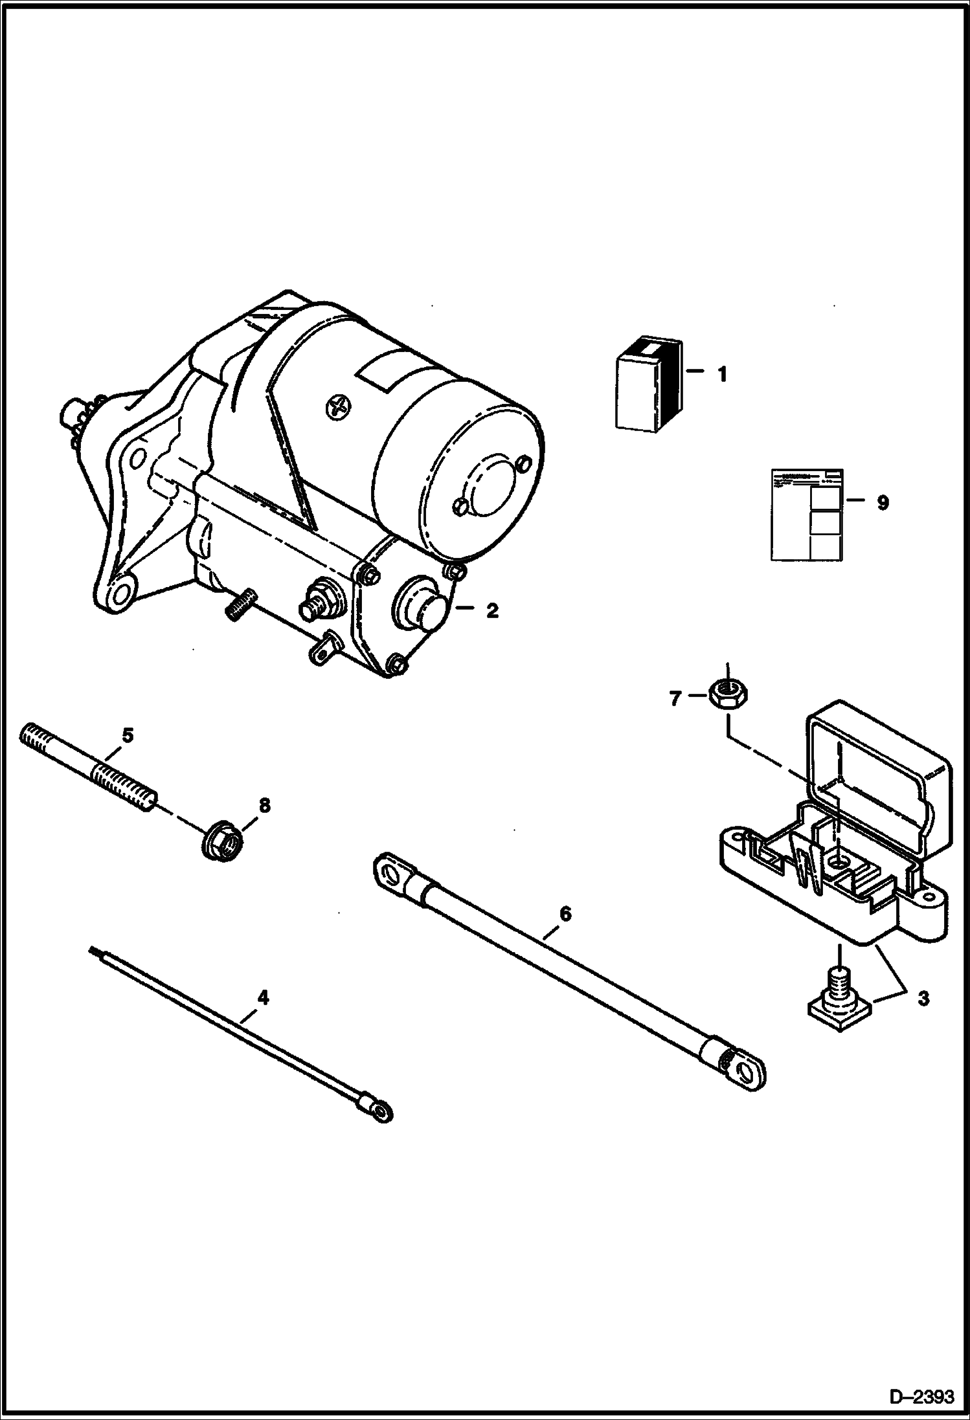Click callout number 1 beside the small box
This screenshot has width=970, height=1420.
point(721,375)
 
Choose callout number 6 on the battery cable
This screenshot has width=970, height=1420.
point(565,914)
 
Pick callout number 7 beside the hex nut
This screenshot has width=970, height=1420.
point(675,698)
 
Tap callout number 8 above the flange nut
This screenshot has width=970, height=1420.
point(264,806)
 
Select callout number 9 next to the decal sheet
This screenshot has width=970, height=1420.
point(882,503)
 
